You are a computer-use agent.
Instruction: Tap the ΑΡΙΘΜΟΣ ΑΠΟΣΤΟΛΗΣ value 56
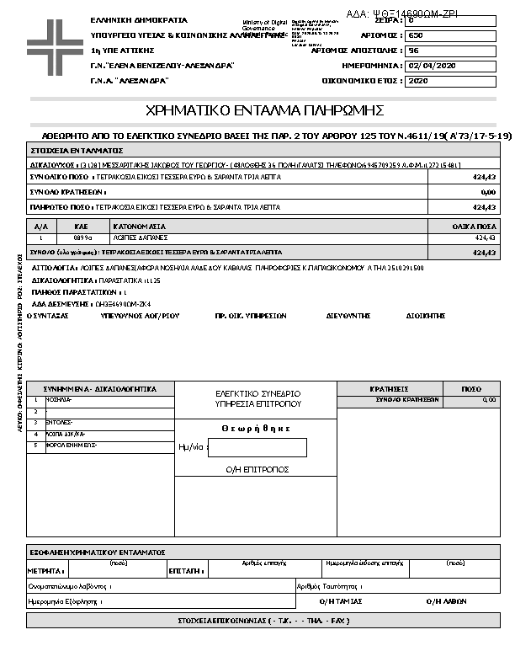[413, 51]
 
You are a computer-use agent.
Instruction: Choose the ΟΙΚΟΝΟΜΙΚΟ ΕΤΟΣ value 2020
[418, 81]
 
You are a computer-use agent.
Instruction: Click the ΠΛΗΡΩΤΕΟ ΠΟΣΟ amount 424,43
[484, 206]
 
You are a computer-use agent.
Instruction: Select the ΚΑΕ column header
[82, 227]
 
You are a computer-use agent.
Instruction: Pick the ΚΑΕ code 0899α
[82, 238]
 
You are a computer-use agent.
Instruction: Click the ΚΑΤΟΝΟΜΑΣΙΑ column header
[140, 227]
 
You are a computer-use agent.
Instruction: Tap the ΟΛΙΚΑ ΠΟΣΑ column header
[473, 227]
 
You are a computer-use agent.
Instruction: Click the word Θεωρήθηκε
[256, 429]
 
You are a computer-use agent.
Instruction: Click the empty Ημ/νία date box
[268, 448]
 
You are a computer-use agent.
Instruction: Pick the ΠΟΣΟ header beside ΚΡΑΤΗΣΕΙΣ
[472, 389]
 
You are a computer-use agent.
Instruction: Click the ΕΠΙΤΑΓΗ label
[183, 571]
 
